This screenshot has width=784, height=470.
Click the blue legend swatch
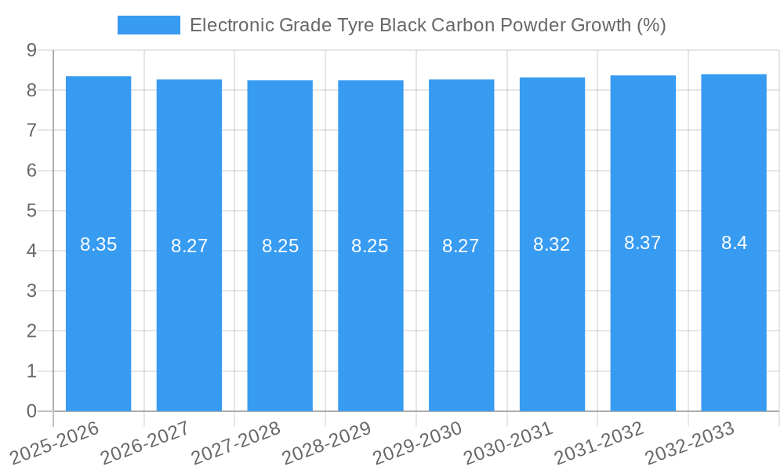[x=148, y=25]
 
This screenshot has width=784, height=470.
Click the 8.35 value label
[x=98, y=244]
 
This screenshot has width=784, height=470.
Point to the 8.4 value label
[x=734, y=243]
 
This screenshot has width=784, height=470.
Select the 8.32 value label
[x=552, y=244]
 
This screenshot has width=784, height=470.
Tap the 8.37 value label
[x=643, y=243]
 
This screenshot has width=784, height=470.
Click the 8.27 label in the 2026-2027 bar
[x=189, y=246]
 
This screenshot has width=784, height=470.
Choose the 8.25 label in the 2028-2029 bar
[x=370, y=246]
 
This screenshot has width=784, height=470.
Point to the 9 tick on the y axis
[x=31, y=50]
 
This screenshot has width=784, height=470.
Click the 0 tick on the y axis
[x=31, y=411]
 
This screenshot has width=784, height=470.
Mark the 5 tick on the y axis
[x=31, y=211]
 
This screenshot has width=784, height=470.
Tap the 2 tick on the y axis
[x=31, y=331]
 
